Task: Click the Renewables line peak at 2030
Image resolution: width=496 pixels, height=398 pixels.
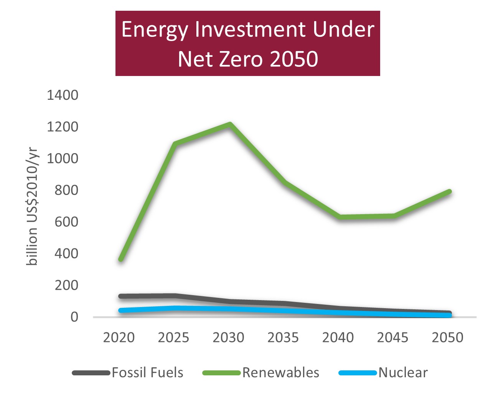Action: (x=230, y=124)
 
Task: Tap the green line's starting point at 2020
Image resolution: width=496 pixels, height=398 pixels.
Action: (x=121, y=259)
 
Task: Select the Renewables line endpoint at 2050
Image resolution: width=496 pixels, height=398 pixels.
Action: (x=449, y=192)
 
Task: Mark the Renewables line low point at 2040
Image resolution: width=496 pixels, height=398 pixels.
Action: (x=340, y=217)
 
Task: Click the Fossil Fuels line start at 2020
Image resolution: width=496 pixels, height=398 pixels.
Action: (x=121, y=296)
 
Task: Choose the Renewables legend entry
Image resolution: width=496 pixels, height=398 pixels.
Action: (x=261, y=373)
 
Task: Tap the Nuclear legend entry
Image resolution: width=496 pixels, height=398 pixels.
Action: (x=383, y=373)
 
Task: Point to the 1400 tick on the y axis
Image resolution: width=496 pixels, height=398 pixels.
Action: (x=63, y=95)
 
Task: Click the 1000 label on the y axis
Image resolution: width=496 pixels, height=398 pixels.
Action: (x=63, y=159)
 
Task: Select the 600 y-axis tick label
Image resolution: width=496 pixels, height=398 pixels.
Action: (x=66, y=222)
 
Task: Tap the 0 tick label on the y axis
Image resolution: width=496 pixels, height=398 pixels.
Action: (x=74, y=317)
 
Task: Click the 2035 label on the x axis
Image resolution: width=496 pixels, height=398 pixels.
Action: (x=283, y=338)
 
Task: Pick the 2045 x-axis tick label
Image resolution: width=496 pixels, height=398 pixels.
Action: (x=392, y=338)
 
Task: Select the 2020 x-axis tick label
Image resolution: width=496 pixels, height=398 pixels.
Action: (x=119, y=338)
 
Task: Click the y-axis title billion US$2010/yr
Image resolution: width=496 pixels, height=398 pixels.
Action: (x=32, y=206)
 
